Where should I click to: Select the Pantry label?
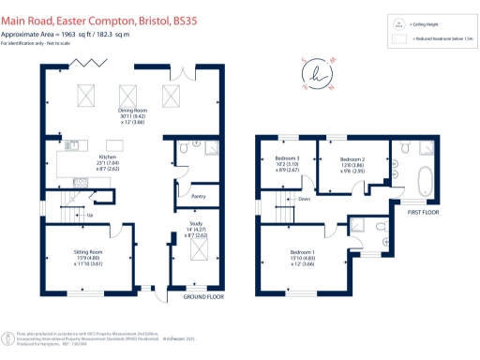pos(198,197)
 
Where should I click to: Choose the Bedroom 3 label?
pos(286,158)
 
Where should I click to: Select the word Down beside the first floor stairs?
pos(304,199)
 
